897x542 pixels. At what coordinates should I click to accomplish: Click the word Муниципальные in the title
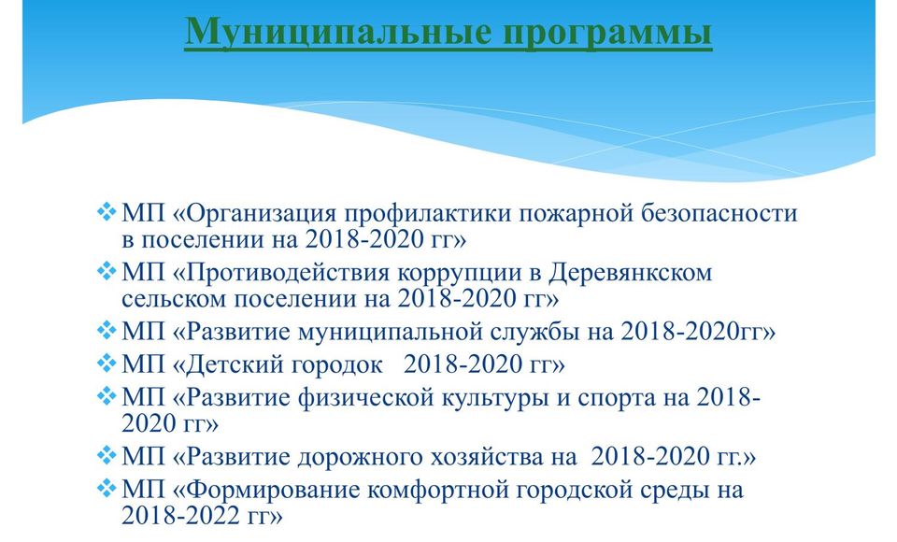tap(338, 32)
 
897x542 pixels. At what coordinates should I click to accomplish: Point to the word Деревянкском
tap(631, 273)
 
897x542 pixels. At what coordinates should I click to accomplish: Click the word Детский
tap(235, 364)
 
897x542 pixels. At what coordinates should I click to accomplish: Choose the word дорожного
tap(359, 458)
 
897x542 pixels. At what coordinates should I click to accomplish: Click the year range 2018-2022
tap(180, 516)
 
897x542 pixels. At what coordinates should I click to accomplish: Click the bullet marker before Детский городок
tap(107, 364)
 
